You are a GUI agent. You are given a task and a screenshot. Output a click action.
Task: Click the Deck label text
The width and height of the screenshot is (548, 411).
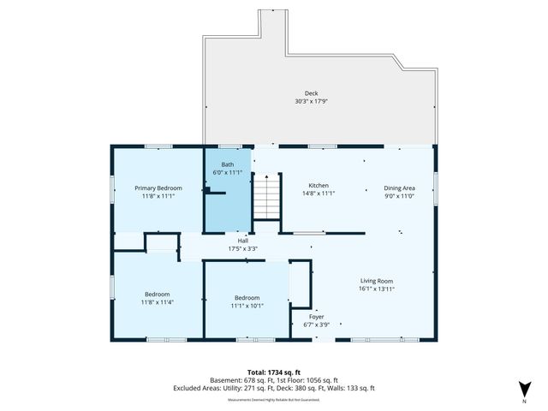tap(311, 93)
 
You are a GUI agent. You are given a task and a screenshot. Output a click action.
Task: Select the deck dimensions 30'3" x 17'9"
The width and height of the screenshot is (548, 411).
tap(311, 101)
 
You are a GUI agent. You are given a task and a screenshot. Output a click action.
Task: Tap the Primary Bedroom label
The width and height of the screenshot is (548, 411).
tap(158, 188)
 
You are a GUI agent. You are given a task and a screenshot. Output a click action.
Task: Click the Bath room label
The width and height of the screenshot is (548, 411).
tap(227, 164)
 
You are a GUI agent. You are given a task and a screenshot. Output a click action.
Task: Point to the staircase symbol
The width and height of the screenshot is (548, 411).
tap(267, 196)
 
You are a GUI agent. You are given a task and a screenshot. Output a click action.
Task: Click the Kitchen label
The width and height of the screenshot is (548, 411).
tap(318, 186)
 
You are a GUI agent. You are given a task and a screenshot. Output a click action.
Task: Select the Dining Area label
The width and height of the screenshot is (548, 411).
tap(399, 188)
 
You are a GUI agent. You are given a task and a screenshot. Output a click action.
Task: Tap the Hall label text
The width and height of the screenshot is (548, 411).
tap(243, 241)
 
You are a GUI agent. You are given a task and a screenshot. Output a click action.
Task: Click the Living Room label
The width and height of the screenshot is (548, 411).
tap(376, 281)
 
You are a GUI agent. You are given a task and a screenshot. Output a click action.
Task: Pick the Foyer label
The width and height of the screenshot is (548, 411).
tap(317, 316)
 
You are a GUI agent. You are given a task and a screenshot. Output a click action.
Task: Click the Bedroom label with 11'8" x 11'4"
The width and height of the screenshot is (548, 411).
tap(157, 294)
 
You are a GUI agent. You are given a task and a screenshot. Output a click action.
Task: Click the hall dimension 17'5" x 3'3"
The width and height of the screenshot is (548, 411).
tap(243, 249)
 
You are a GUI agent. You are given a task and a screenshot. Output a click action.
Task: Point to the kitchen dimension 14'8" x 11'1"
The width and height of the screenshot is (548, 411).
tap(318, 194)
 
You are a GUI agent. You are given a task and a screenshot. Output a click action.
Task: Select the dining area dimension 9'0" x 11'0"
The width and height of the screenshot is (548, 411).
tap(399, 195)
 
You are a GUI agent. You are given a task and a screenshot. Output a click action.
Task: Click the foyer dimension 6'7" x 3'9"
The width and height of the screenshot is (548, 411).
tap(317, 325)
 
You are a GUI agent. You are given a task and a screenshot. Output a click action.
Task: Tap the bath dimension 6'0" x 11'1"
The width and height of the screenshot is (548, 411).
tap(227, 172)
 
